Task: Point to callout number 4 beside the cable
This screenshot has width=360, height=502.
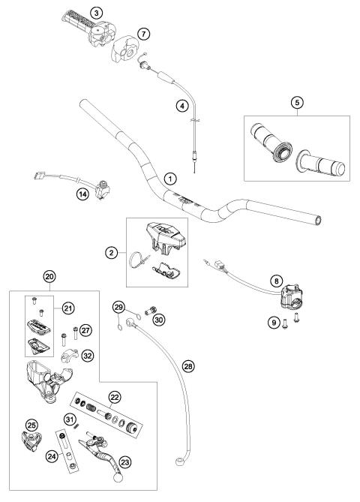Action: click(181, 106)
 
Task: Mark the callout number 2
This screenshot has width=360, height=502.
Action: click(112, 254)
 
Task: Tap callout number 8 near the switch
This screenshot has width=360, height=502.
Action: click(277, 281)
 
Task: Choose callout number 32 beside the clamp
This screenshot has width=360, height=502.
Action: click(88, 357)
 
